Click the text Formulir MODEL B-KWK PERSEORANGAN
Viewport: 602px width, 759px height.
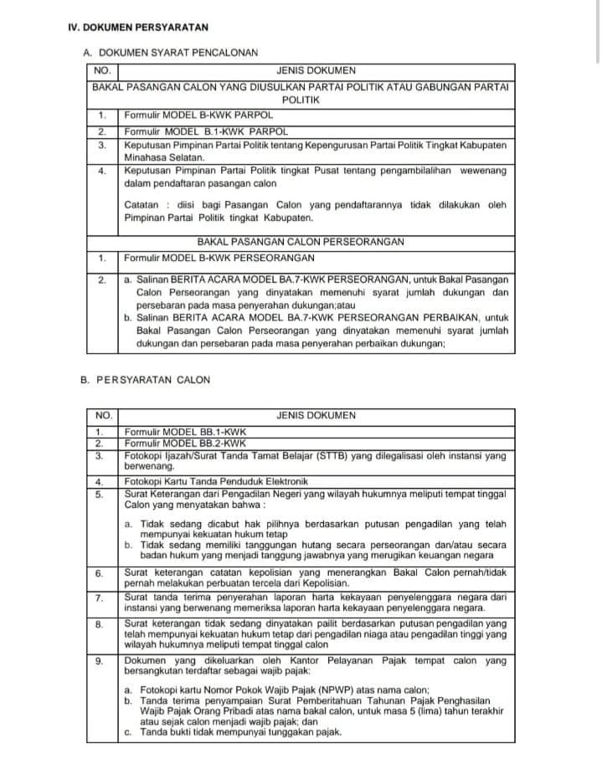(219, 257)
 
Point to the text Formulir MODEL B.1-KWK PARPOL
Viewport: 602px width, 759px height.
(206, 131)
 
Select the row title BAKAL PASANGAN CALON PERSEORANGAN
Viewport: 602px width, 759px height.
(301, 242)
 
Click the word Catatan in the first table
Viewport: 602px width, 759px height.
(141, 204)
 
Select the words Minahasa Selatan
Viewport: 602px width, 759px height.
(163, 156)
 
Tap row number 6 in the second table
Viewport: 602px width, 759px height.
(99, 573)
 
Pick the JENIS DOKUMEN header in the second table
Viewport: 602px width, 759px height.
(316, 415)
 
